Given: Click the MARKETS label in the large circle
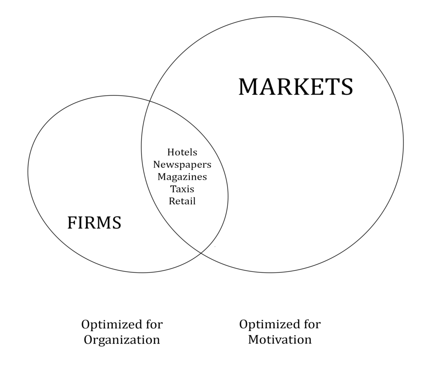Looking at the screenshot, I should pyautogui.click(x=295, y=87).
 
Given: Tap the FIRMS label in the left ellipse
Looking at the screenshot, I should pyautogui.click(x=94, y=223).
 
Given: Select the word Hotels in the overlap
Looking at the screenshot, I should pyautogui.click(x=182, y=152).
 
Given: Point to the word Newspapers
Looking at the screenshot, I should pyautogui.click(x=182, y=164).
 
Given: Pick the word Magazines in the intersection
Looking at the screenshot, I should pyautogui.click(x=182, y=177).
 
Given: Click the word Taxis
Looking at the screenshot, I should pyautogui.click(x=182, y=189).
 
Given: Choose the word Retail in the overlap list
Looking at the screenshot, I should pyautogui.click(x=182, y=201).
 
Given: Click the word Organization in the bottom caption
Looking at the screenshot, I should pyautogui.click(x=122, y=340).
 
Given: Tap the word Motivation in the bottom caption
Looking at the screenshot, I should pyautogui.click(x=280, y=339).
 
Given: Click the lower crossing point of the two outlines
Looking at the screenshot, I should pyautogui.click(x=201, y=253).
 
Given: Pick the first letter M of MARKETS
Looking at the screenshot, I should pyautogui.click(x=249, y=87).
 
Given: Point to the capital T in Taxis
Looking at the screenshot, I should pyautogui.click(x=172, y=189).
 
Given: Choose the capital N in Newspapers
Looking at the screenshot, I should pyautogui.click(x=157, y=164).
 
